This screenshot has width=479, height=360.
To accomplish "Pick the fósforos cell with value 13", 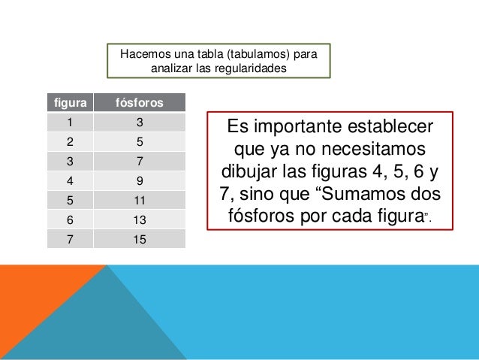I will (x=139, y=220).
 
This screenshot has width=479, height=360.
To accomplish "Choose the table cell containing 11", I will (x=139, y=201).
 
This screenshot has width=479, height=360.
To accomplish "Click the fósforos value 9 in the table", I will (x=139, y=180).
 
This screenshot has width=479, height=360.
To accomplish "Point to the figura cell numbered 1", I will (x=68, y=122).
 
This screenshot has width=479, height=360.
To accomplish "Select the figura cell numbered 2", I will (x=68, y=141).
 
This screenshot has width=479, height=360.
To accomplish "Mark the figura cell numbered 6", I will (x=68, y=220).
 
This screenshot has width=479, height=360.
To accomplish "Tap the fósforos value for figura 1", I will (x=139, y=122).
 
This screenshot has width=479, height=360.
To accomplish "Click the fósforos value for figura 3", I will (x=139, y=161).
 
